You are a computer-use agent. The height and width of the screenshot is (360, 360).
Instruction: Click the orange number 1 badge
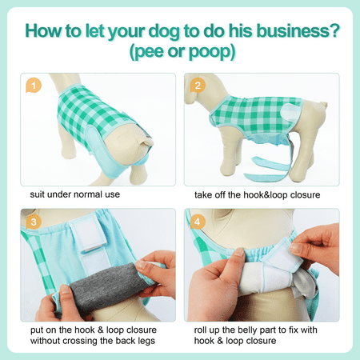click(x=34, y=86)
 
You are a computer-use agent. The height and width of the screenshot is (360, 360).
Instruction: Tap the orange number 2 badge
click(x=198, y=86)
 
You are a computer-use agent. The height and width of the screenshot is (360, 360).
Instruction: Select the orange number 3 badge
click(x=34, y=222)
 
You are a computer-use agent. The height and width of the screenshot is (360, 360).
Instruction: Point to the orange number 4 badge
click(x=198, y=222)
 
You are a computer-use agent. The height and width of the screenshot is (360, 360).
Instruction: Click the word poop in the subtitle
click(x=209, y=53)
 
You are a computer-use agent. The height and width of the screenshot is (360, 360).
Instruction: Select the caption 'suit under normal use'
click(x=75, y=194)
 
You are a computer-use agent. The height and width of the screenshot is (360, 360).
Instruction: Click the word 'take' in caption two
click(x=203, y=195)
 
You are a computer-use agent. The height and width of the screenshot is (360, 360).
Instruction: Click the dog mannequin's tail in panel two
click(x=322, y=105)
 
